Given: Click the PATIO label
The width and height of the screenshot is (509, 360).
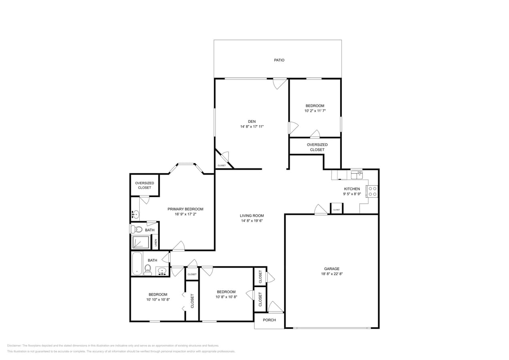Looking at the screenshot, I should coord(279,60).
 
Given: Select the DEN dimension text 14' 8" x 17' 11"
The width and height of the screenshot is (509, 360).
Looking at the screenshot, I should coord(252,126).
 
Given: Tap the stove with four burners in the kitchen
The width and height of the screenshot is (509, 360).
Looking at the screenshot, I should coord(372,191).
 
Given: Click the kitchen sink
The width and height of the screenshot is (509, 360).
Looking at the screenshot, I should coord(357,175).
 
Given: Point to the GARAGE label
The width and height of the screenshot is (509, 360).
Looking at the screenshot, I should coord(331,269).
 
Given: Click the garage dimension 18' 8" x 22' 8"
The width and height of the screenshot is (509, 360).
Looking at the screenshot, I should coord(331,274).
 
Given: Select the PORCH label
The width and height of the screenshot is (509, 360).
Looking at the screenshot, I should coord(269,320).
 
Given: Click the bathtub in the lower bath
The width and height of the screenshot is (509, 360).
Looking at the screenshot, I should coord(137,264).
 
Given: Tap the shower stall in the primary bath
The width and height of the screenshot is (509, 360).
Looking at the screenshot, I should coord(141,242).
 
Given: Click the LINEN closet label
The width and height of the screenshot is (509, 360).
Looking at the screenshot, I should coord(156,242).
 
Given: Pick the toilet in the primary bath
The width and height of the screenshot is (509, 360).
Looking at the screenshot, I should coord(136,229).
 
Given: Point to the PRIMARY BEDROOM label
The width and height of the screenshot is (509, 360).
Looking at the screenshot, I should coord(185,209).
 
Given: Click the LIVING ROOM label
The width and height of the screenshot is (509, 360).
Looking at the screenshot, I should coord(252,216).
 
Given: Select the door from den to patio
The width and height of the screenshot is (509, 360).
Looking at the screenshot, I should coord(280,83).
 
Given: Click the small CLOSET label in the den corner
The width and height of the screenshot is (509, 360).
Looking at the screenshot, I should coord(221,165).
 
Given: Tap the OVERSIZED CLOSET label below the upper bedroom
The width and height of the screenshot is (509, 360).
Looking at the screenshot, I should coord(317,147).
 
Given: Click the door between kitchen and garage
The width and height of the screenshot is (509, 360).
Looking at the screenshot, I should coord(321,210).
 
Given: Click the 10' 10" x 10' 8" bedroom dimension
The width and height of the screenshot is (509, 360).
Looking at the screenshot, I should coord(158,299).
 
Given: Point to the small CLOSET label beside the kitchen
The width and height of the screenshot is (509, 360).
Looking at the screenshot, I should coord(337,210).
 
